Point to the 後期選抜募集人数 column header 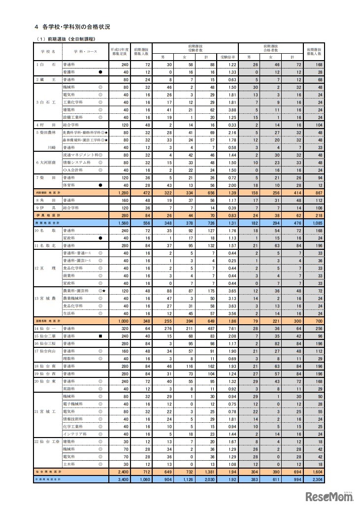point(318,51)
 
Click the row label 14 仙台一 point(46,328)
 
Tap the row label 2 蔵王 point(45,79)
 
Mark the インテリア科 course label point(73,434)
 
